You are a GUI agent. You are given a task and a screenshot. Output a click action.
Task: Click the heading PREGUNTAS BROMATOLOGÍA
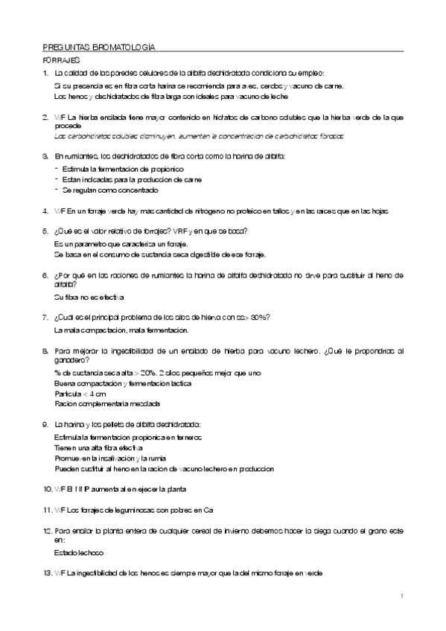(100, 46)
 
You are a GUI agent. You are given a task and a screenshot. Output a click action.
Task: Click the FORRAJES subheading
(62, 60)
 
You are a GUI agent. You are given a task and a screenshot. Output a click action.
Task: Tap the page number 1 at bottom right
(401, 595)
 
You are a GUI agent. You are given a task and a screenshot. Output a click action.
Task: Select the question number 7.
(46, 318)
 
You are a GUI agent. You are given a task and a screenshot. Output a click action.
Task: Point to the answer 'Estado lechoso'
(79, 554)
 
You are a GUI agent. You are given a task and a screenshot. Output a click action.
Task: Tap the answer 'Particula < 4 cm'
(80, 393)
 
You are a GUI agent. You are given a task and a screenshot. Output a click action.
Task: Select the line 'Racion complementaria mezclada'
(107, 403)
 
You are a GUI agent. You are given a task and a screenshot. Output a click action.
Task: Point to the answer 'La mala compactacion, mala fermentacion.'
(122, 330)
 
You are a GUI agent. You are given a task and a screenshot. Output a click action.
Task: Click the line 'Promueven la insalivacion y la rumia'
(110, 459)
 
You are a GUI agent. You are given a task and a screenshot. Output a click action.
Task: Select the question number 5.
(46, 231)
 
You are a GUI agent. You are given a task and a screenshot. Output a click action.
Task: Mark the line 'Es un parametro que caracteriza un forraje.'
(121, 244)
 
